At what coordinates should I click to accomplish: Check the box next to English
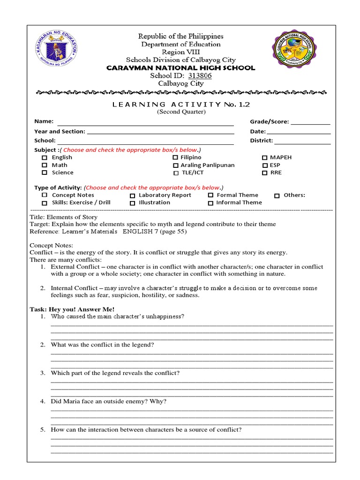point(45,158)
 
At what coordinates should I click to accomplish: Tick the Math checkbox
point(45,165)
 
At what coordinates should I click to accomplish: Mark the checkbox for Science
point(45,173)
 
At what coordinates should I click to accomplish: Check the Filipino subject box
point(175,158)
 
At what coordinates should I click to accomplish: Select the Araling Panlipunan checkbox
point(175,165)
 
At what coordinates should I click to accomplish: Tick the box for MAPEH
point(265,158)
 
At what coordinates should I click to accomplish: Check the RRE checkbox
point(265,173)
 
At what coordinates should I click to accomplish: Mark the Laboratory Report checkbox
point(133,195)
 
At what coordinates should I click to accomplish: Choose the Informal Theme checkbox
point(210,203)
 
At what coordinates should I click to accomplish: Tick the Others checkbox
point(277,195)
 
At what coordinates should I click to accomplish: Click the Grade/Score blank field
point(310,123)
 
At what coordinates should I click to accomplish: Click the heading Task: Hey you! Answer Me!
point(72,309)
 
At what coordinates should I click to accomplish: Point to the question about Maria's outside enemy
point(108,401)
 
